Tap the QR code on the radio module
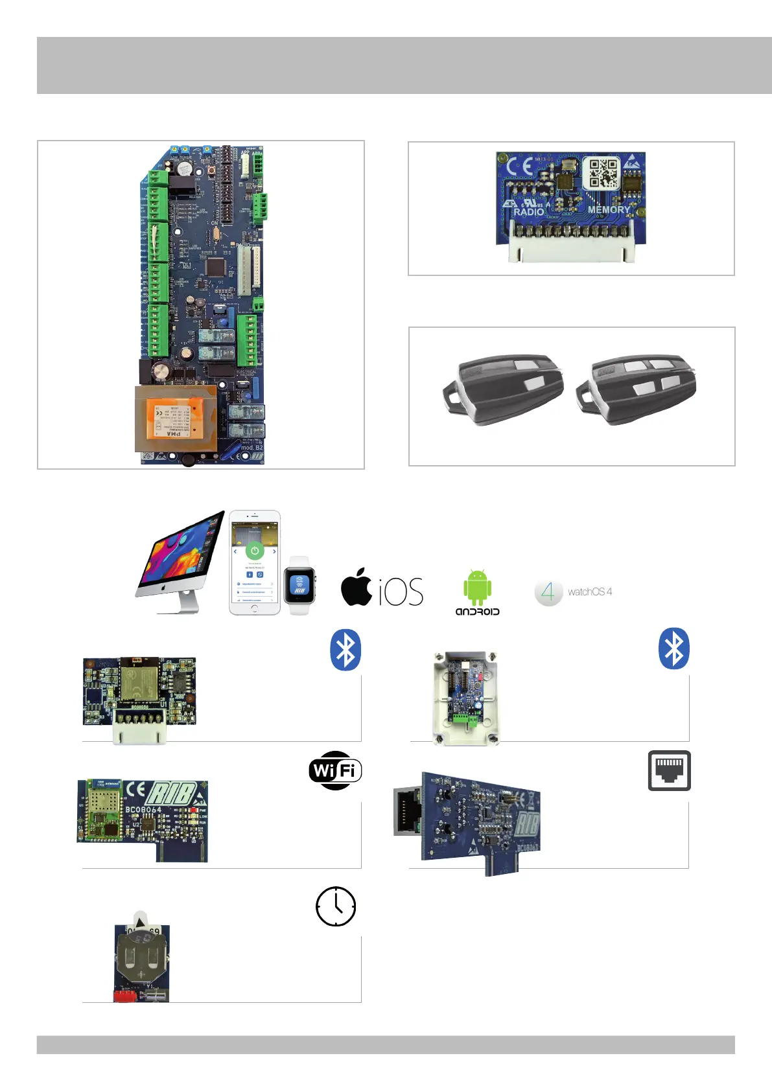click(603, 173)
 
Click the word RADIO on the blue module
click(528, 211)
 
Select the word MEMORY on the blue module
click(608, 209)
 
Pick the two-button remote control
click(503, 389)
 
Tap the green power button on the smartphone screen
click(255, 551)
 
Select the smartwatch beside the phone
click(299, 585)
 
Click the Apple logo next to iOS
click(357, 587)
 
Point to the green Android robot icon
click(477, 587)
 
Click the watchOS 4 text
click(589, 591)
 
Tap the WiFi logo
click(335, 770)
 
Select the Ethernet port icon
click(669, 770)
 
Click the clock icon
click(336, 906)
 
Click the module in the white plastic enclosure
click(465, 698)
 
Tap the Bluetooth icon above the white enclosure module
click(673, 649)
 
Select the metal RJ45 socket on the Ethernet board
click(408, 811)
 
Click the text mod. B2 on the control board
click(251, 447)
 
